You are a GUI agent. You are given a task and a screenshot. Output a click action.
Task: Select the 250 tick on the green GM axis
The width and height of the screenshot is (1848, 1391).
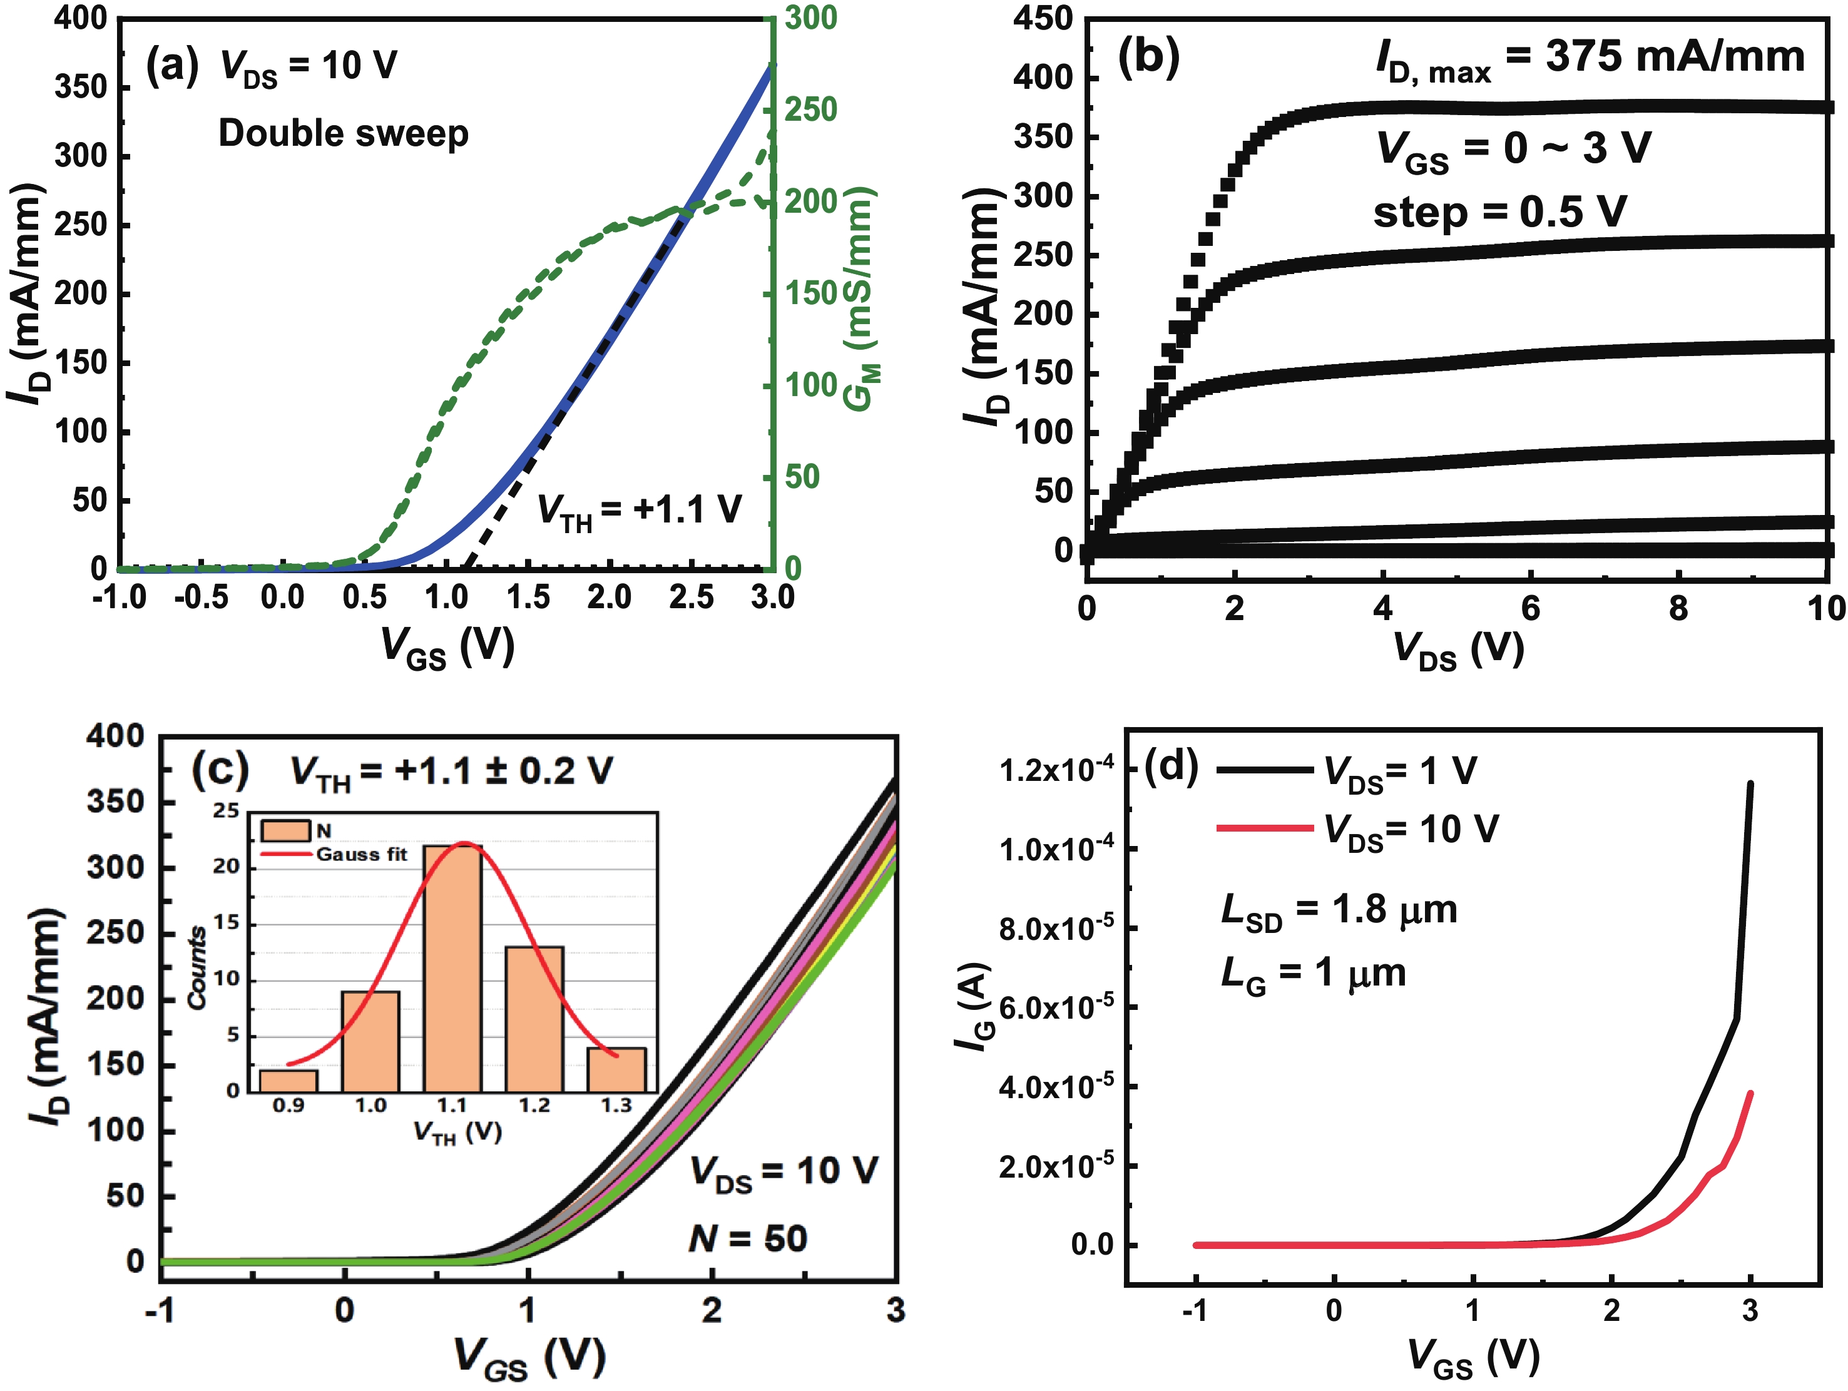[811, 110]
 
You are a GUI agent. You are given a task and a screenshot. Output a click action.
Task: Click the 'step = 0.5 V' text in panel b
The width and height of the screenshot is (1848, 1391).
[1499, 211]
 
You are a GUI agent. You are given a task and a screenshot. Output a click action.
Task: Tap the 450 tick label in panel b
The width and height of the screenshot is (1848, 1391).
[1042, 18]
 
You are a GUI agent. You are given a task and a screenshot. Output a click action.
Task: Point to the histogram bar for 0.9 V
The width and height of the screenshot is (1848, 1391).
[288, 1080]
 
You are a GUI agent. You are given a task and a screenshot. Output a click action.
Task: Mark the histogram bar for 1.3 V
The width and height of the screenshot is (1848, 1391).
[616, 1069]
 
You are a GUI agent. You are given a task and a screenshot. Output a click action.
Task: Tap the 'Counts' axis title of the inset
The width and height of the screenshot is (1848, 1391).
[197, 967]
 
